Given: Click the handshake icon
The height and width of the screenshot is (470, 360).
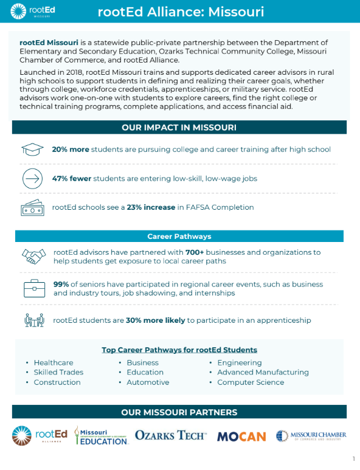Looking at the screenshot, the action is pos(33,256).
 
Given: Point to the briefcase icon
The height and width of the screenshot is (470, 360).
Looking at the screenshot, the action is pos(33,288).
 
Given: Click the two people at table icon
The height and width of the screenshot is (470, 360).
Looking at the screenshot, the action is pos(33,320).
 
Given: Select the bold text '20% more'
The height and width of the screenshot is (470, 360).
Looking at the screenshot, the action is pos(70,150).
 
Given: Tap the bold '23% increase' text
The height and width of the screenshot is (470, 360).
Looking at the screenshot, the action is pos(150,207).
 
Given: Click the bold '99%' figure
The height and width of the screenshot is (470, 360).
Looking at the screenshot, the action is pos(61,285).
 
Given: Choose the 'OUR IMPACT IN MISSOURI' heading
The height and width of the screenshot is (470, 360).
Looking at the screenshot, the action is pos(179,128).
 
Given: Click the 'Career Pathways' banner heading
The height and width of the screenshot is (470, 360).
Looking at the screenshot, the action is pos(179,237).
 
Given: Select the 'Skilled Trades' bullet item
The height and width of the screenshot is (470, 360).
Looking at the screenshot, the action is pos(58,372).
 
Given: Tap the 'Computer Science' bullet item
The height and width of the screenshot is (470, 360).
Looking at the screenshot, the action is pos(251,382).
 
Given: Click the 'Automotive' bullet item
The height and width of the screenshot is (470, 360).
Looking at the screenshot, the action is pos(148,382).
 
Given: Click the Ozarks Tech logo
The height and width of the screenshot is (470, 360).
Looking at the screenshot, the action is pos(171,435).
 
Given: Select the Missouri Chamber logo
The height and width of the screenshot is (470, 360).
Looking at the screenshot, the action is pos(311,435).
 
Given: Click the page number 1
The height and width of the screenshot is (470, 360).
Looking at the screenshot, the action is pos(353,458).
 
